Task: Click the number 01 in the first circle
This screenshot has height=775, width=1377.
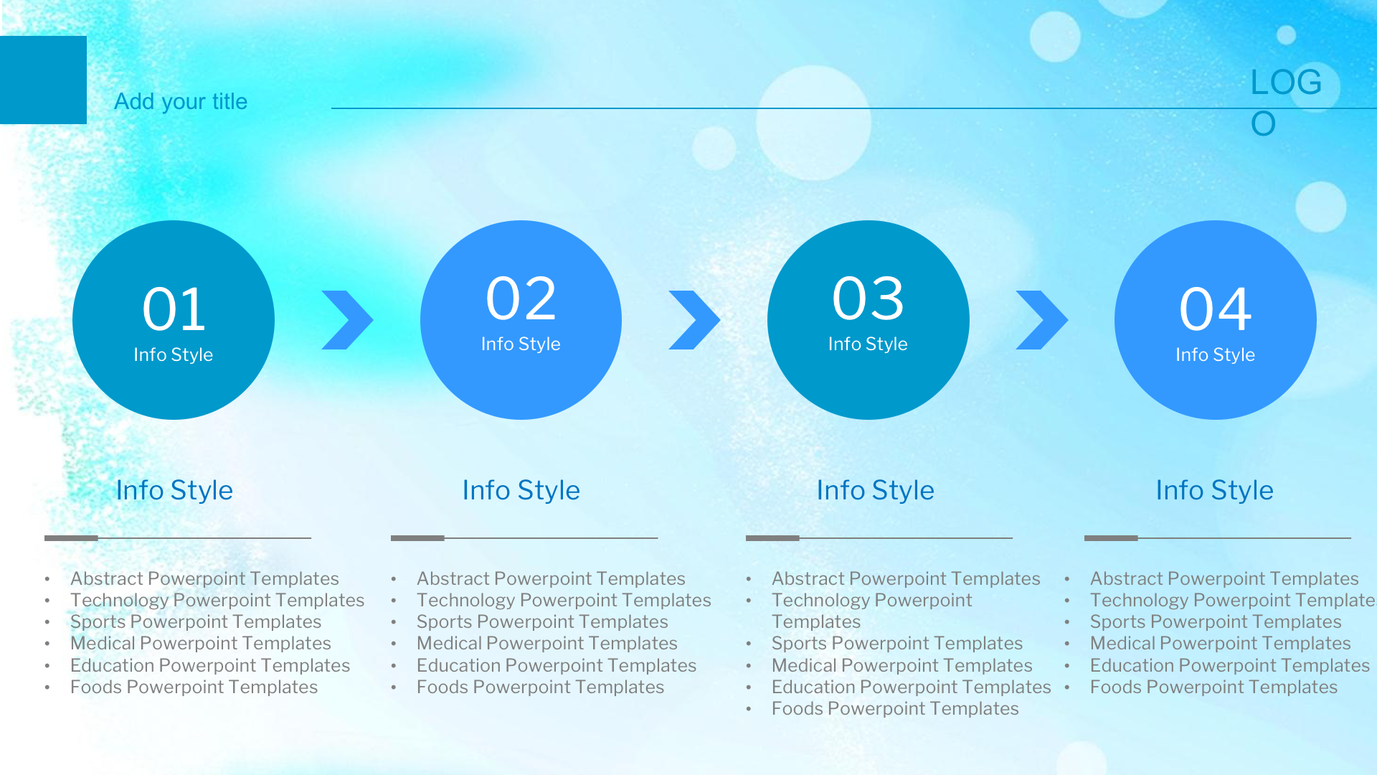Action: coord(174,309)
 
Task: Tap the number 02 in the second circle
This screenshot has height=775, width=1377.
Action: coord(521,299)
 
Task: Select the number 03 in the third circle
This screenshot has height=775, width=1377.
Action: coord(869,299)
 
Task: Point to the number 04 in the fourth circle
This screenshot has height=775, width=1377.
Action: coord(1216,309)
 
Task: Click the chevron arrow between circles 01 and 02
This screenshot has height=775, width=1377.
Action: coord(349,320)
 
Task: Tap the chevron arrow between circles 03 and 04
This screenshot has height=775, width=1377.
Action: coord(1043,320)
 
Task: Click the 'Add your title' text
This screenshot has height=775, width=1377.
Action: coord(181,102)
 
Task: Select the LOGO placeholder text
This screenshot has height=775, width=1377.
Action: coord(1286,103)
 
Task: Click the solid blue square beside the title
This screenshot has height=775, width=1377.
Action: coord(43,80)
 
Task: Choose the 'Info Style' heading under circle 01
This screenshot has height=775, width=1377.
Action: coord(174,490)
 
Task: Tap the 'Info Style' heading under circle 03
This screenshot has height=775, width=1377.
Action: coord(876,490)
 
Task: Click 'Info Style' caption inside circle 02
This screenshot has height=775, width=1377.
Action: coord(521,344)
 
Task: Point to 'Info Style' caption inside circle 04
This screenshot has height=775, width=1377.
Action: coord(1215,354)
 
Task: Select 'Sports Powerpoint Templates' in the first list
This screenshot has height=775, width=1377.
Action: coord(196,621)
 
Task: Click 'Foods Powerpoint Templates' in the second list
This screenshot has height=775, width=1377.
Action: coord(541,687)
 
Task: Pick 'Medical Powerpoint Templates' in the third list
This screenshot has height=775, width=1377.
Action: coord(902,665)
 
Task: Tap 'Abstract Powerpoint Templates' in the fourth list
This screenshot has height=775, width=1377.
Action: coord(1224,578)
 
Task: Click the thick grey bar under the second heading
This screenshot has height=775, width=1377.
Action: coord(417,537)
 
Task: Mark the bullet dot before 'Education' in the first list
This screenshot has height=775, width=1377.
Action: coord(47,666)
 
